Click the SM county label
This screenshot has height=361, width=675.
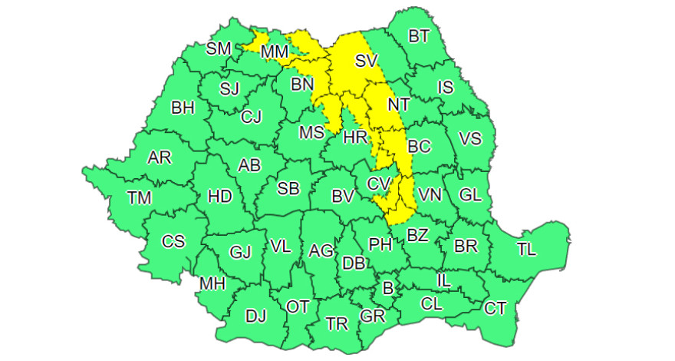pos(219,49)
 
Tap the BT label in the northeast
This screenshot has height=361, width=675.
pos(419,36)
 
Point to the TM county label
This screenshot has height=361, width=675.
pos(139,197)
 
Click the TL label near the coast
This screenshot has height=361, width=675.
pos(527,249)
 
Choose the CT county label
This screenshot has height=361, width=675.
pos(496,308)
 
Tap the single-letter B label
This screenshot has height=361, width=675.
pos(387,289)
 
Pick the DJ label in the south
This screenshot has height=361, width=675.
pos(255,315)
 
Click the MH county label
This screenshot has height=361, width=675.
pos(212,284)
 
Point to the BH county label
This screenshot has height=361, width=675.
pos(183,108)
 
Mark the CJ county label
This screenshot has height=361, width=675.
pos(251,118)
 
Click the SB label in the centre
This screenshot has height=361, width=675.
pos(288,188)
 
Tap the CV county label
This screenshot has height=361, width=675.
pos(379,184)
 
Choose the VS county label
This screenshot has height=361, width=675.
pos(469,138)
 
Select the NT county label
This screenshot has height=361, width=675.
pos(398,104)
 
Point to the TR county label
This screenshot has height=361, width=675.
pos(337,323)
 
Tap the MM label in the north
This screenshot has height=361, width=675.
pos(274,52)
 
